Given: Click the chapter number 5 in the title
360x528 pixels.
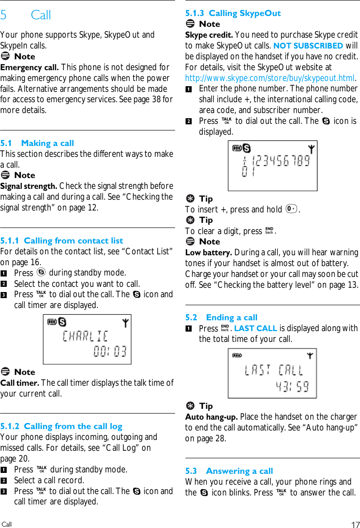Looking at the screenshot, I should click(4, 16).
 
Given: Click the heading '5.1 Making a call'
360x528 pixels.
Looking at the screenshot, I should click(37, 143).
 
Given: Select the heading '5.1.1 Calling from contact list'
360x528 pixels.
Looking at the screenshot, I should click(62, 241).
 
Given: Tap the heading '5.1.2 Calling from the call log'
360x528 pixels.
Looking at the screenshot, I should click(61, 426).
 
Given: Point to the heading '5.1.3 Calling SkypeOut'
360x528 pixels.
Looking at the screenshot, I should click(233, 13).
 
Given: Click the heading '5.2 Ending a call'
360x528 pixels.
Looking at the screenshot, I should click(221, 317).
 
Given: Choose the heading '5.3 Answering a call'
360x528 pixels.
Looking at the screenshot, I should click(229, 471).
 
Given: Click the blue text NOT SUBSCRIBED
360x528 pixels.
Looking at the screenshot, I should click(308, 46).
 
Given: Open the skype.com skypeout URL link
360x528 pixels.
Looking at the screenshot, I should click(270, 78).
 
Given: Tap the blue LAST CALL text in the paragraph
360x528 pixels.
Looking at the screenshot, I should click(256, 328).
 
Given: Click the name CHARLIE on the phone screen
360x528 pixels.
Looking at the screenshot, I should click(85, 336).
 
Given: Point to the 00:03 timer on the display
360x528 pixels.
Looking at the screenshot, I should click(110, 351).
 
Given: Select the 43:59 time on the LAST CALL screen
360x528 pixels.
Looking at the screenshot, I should click(292, 387).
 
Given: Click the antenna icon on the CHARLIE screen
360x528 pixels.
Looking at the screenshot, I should click(125, 323).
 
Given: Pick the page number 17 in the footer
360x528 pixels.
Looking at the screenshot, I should click(355, 525).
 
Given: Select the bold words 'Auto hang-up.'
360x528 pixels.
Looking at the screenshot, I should click(211, 417).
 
